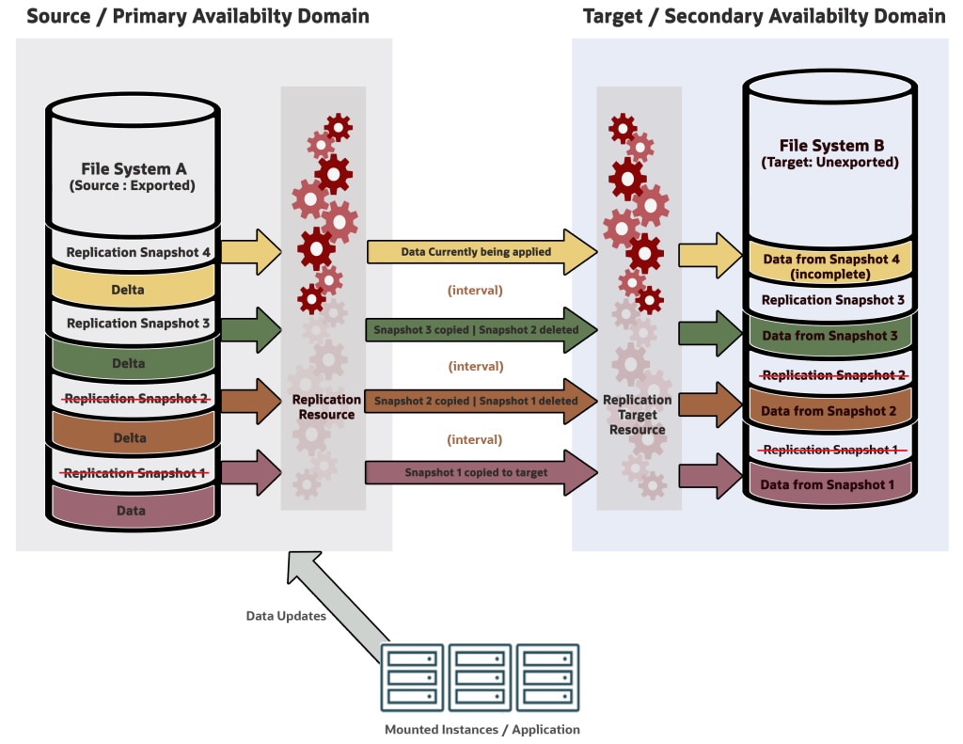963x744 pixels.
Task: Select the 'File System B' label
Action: (x=830, y=146)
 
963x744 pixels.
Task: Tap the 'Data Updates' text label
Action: (x=285, y=616)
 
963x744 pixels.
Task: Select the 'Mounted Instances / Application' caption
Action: (x=481, y=729)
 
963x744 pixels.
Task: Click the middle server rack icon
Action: (x=481, y=675)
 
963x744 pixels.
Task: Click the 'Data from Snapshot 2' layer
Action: (x=830, y=411)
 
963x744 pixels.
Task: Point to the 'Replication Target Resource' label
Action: (x=638, y=414)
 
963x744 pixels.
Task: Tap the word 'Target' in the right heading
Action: (x=615, y=16)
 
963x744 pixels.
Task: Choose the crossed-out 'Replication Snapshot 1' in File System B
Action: (x=830, y=450)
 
